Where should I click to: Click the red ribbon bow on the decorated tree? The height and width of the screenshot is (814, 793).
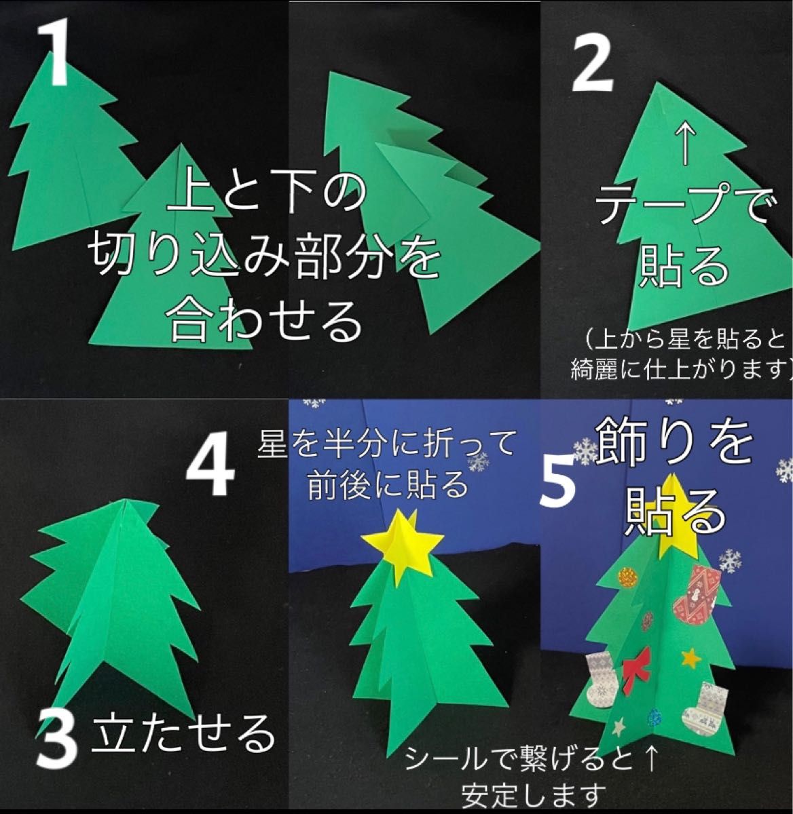tap(637, 664)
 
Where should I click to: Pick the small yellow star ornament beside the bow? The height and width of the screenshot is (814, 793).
tap(690, 657)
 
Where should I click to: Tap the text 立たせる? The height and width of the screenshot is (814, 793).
tap(183, 733)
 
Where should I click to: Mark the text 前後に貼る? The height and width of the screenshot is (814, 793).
tap(388, 484)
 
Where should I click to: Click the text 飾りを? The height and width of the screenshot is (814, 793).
tap(676, 441)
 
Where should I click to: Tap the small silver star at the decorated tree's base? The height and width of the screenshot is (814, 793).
tap(618, 728)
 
